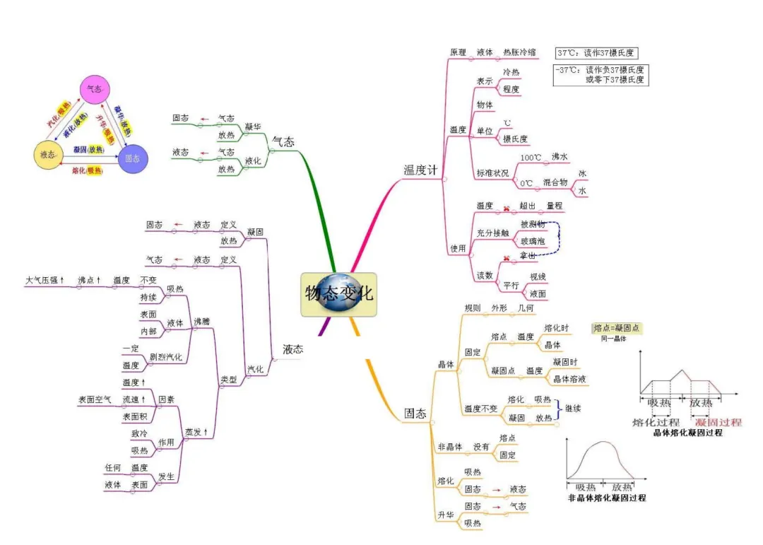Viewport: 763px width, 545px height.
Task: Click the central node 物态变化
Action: tap(338, 293)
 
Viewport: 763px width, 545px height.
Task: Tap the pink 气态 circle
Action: tap(94, 90)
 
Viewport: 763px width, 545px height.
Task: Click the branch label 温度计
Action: tap(420, 170)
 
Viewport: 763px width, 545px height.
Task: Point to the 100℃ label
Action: tap(531, 157)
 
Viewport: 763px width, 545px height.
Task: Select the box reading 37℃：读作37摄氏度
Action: tap(596, 53)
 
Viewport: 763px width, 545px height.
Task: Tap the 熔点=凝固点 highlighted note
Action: tap(617, 328)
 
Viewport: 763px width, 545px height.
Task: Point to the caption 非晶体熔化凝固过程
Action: tap(607, 498)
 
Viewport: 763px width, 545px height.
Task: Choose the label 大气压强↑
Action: tap(45, 281)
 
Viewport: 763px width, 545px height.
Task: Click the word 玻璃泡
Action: tap(532, 242)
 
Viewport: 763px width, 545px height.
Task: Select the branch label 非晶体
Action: tap(450, 447)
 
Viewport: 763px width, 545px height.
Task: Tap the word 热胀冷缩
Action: tap(519, 52)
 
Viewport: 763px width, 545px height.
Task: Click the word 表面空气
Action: tap(94, 399)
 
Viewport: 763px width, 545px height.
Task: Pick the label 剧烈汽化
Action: tap(165, 358)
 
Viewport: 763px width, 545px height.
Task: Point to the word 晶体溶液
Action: tap(569, 379)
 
